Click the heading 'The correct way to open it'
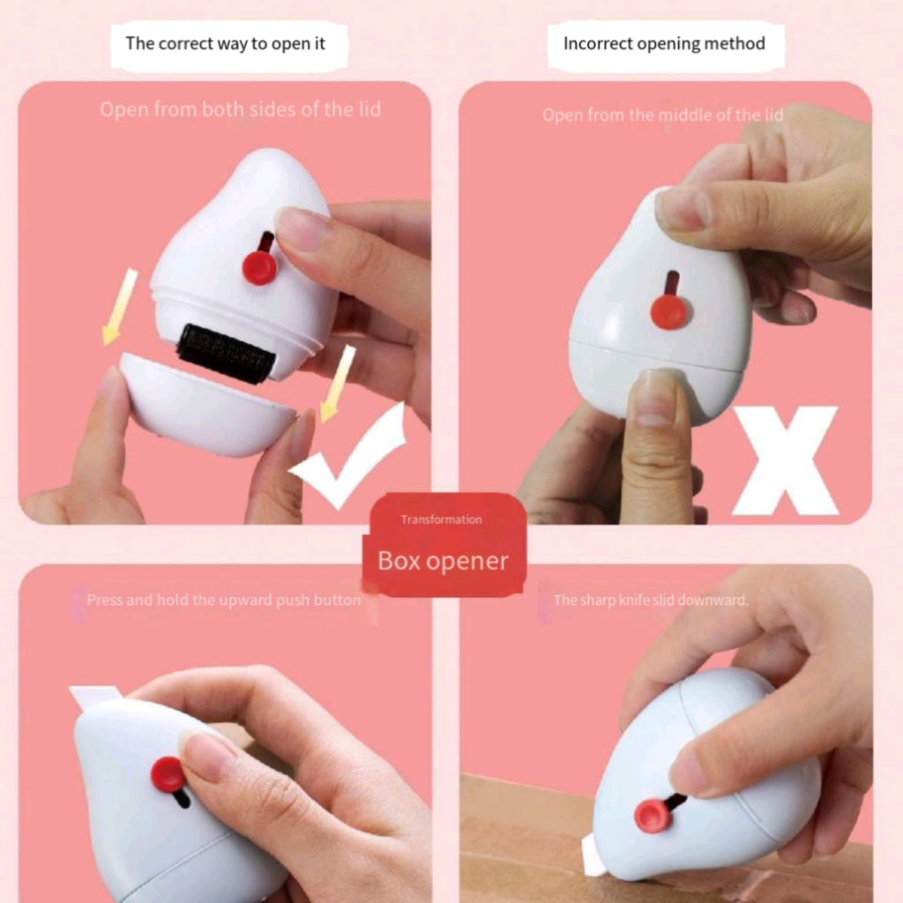pos(225,44)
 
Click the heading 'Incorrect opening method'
pos(664,44)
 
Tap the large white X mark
pos(785,459)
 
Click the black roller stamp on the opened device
pos(226,353)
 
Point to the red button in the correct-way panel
pos(260,267)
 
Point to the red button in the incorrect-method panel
pos(669,312)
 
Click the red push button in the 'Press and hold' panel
pos(168,774)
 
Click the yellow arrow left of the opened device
pos(120,307)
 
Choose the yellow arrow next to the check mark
pos(338,384)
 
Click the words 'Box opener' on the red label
pos(443,561)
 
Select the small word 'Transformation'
pos(442,519)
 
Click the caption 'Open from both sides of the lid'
pos(240,109)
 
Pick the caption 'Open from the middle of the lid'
pos(663,116)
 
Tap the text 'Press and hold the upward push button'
pos(223,600)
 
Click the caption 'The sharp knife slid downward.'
pos(651,600)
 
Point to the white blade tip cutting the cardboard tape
pos(592,854)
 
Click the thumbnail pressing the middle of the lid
pos(654,398)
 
